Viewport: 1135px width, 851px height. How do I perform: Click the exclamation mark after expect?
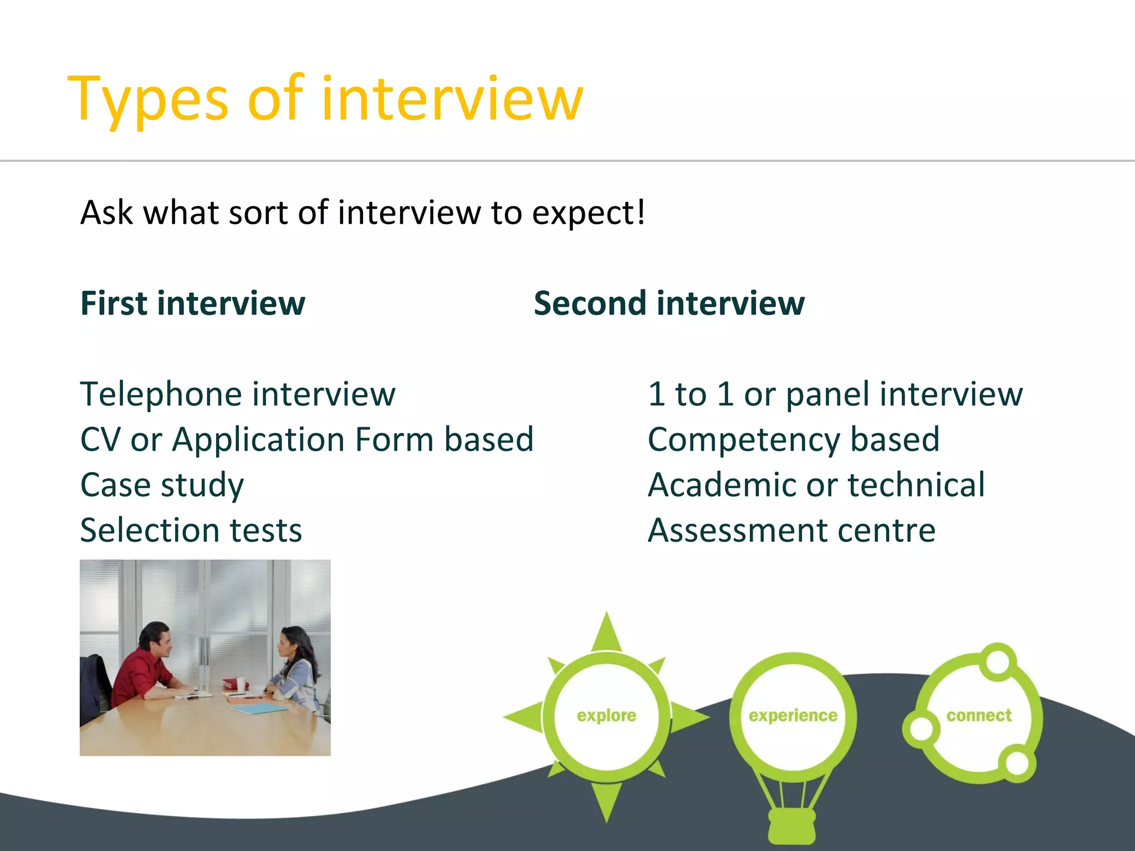[x=641, y=212]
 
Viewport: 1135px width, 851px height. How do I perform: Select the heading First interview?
[x=192, y=304]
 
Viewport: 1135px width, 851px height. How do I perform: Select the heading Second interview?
[x=668, y=304]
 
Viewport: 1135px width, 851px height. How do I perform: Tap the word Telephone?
[x=161, y=394]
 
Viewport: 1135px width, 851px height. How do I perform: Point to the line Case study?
[x=162, y=485]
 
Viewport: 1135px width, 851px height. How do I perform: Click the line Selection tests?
[x=191, y=531]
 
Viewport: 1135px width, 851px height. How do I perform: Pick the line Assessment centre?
[x=791, y=531]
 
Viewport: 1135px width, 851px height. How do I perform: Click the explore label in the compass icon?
[x=606, y=716]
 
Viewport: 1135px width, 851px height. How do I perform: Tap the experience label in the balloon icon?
[x=793, y=716]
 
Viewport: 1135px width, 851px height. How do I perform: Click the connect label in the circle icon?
[x=979, y=716]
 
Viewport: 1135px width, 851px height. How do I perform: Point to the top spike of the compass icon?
[x=607, y=632]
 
